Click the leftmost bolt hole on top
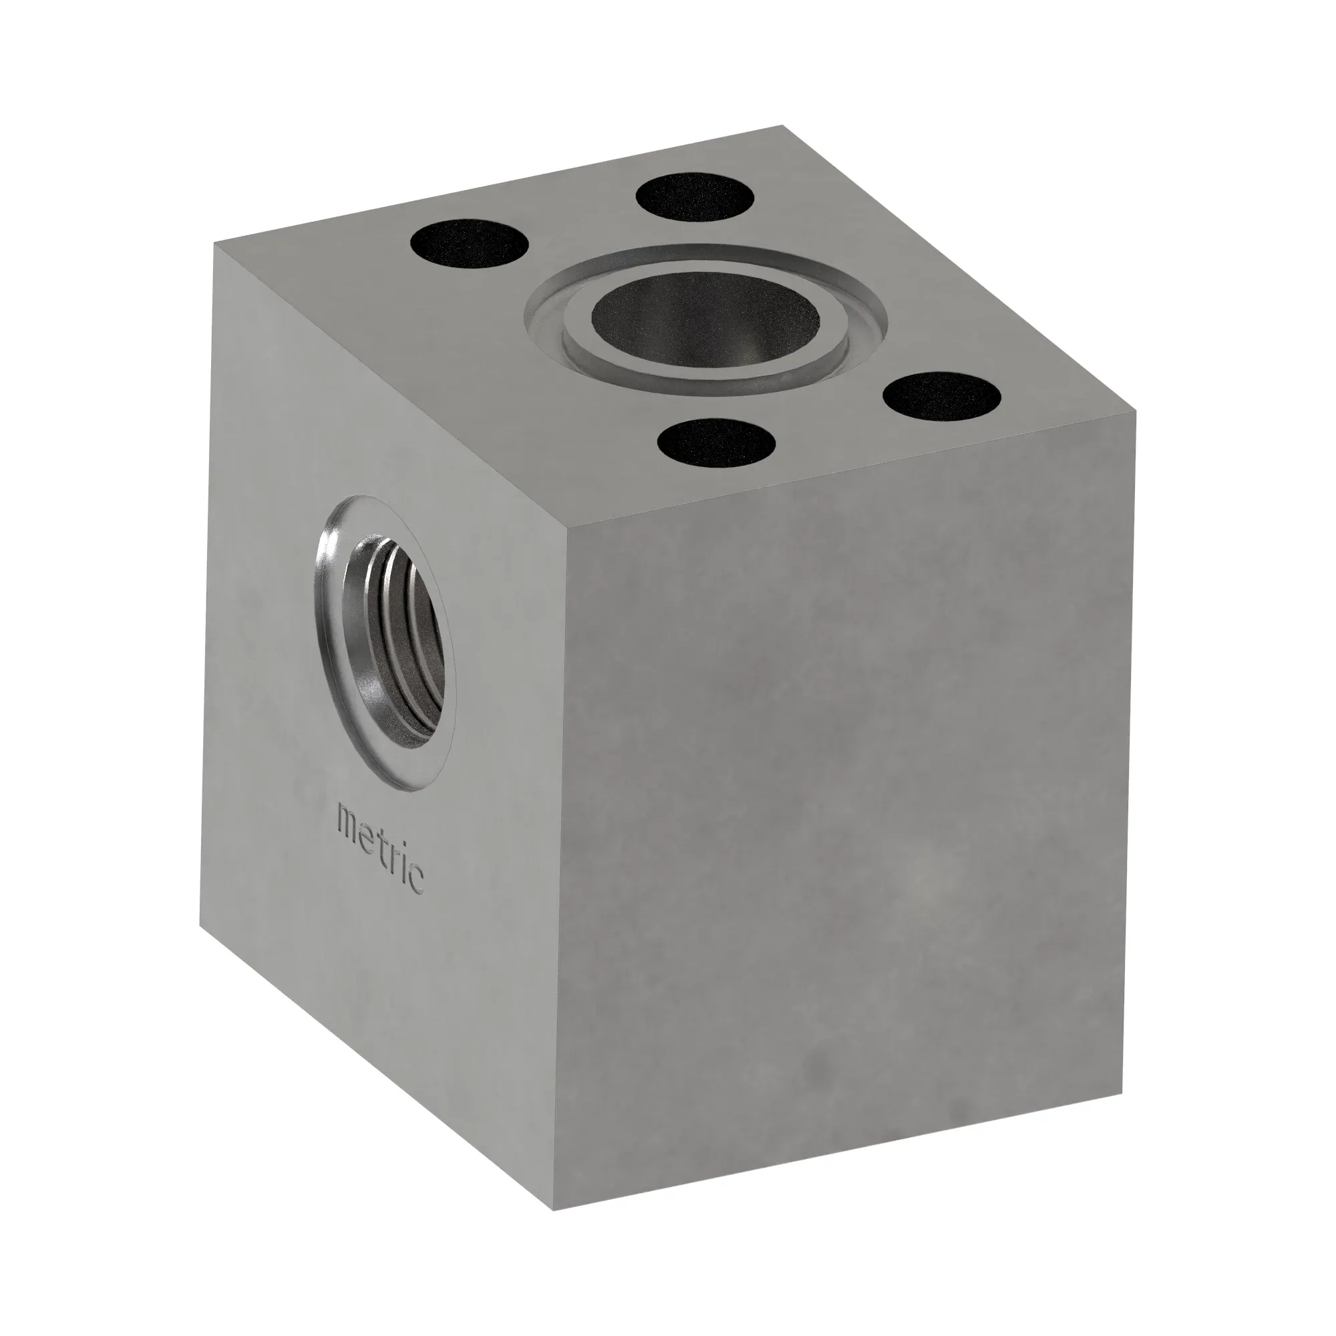coord(470,246)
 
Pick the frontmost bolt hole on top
coord(716,444)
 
